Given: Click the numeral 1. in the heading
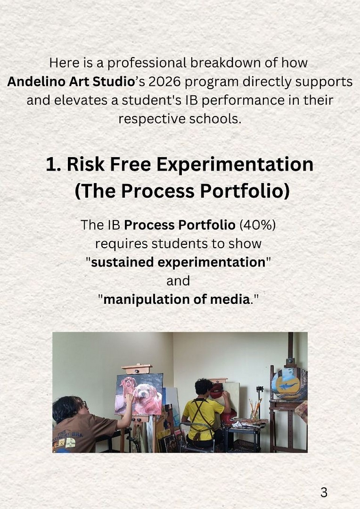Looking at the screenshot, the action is (53, 165).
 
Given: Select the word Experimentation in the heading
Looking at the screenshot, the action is (235, 165).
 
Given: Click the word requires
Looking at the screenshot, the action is (121, 244).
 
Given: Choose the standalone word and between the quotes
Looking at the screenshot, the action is (178, 281).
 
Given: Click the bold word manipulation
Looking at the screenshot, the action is (147, 300).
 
